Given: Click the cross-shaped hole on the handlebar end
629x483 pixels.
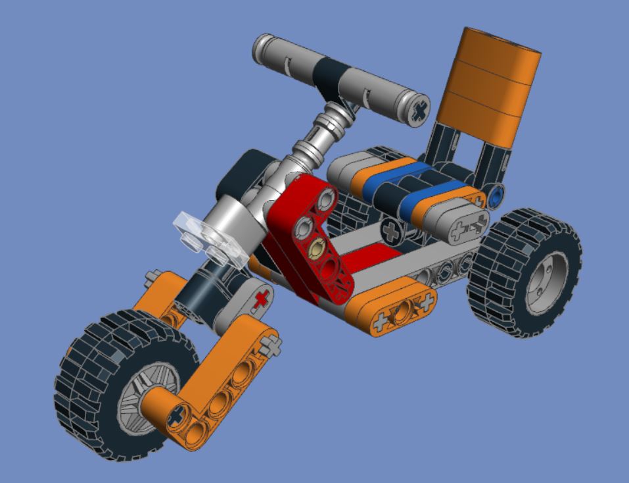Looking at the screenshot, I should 417,111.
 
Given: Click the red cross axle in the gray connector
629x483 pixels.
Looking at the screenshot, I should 262,299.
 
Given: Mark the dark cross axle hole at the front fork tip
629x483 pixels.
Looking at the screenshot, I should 175,415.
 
